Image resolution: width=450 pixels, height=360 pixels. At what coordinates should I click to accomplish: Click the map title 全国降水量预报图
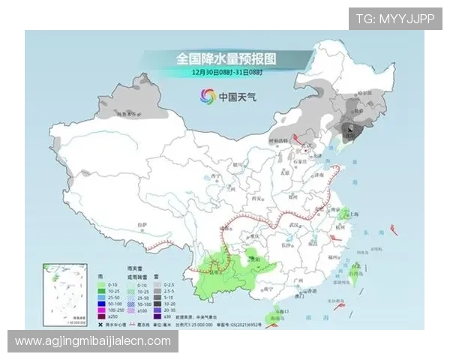(x=226, y=58)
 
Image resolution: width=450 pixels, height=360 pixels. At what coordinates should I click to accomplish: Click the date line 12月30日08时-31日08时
(x=226, y=72)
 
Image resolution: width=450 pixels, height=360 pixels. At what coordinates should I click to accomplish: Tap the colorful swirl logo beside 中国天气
(x=207, y=96)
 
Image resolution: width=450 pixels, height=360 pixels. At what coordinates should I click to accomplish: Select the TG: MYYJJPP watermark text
(x=394, y=19)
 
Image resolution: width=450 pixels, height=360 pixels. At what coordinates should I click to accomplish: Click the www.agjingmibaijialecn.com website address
(x=93, y=341)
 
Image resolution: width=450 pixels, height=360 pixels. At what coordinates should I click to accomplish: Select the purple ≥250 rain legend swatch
(x=101, y=315)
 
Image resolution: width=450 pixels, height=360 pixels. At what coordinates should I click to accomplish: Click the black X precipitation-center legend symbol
(x=101, y=324)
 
